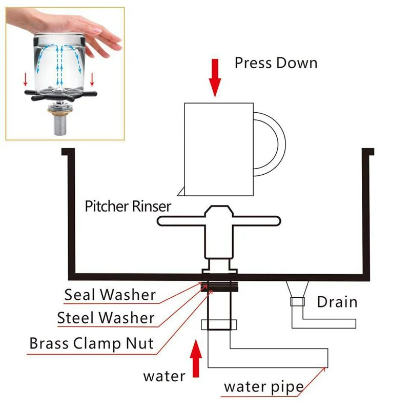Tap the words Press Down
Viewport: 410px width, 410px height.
click(x=276, y=63)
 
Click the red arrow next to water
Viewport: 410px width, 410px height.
click(x=196, y=360)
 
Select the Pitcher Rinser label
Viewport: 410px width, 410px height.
click(x=128, y=207)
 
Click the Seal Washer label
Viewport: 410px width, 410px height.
click(x=110, y=295)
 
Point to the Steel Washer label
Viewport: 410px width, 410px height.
click(x=106, y=318)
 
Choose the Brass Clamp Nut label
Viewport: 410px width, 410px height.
click(x=91, y=343)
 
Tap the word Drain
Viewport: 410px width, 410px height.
click(x=337, y=301)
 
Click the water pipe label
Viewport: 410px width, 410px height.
click(x=263, y=386)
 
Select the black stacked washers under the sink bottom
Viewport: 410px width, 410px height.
click(x=220, y=288)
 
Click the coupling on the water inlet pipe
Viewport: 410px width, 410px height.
click(x=220, y=324)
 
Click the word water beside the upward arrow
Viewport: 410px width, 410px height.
click(x=164, y=376)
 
